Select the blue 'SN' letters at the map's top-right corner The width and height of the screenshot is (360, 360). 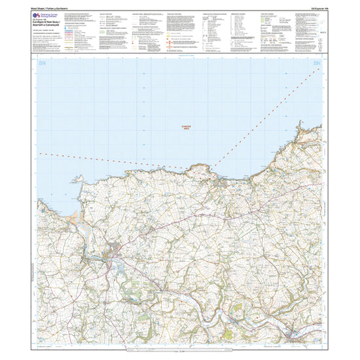pos(317,63)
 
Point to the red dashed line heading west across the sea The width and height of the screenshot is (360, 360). pos(98,159)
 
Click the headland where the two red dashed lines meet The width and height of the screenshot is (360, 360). pos(200,170)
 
